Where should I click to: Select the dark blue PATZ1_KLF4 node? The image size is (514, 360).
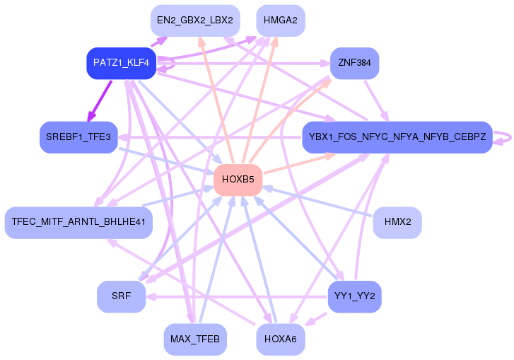pyautogui.click(x=121, y=63)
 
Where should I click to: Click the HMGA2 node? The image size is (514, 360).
pyautogui.click(x=280, y=20)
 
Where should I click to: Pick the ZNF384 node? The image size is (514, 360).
pyautogui.click(x=354, y=63)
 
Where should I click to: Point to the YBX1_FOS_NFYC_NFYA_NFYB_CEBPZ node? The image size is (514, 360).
pyautogui.click(x=397, y=137)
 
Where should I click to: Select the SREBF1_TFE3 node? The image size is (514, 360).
pyautogui.click(x=78, y=137)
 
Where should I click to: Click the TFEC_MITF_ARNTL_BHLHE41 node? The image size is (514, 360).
pyautogui.click(x=78, y=223)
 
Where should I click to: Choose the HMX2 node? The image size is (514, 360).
pyautogui.click(x=397, y=223)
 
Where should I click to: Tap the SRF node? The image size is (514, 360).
pyautogui.click(x=121, y=296)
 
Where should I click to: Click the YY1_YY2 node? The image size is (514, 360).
pyautogui.click(x=354, y=296)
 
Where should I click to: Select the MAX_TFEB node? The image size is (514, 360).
pyautogui.click(x=194, y=340)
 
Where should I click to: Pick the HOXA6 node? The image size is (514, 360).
pyautogui.click(x=280, y=340)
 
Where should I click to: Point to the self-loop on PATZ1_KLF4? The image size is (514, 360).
pyautogui.click(x=170, y=65)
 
